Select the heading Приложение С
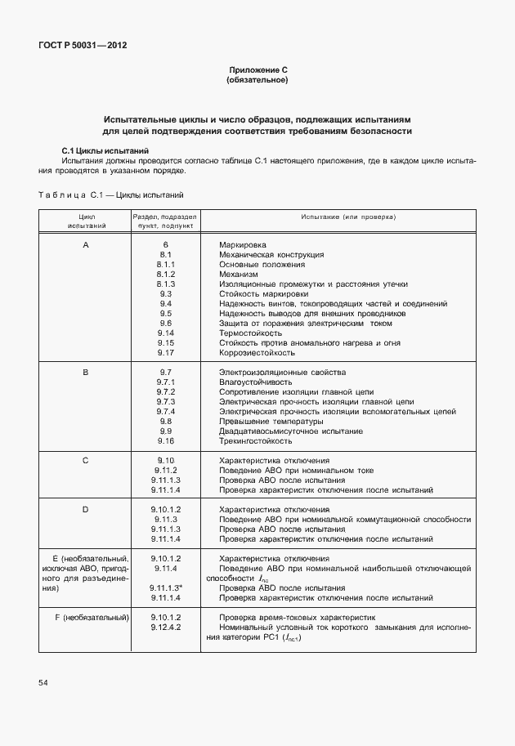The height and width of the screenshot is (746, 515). point(257,71)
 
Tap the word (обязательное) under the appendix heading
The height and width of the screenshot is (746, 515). point(257,81)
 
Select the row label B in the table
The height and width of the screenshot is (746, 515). point(85,373)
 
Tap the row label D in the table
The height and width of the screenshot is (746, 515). point(85,510)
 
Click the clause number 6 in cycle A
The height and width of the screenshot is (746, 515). point(165,245)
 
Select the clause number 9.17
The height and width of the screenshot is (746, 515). point(165,353)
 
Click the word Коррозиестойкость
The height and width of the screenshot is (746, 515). point(257,353)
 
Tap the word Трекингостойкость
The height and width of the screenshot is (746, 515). point(256,441)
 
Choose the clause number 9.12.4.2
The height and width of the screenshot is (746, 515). point(165,627)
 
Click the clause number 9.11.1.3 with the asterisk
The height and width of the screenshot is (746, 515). point(166,587)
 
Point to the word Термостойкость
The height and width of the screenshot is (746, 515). point(250,333)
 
